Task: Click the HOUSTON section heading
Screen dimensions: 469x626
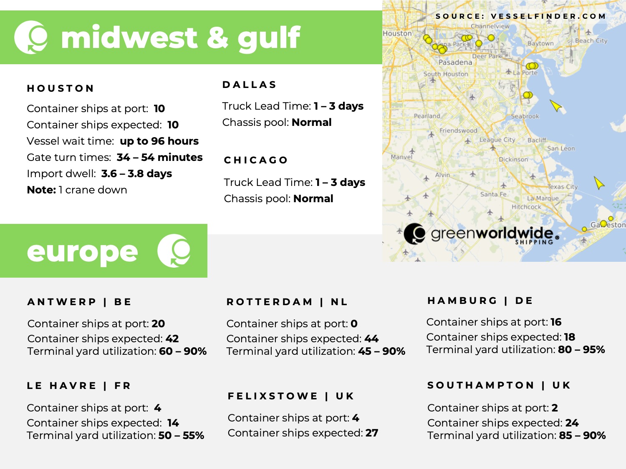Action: point(61,88)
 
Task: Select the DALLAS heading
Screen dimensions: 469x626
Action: point(250,85)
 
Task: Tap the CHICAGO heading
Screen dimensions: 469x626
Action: point(256,160)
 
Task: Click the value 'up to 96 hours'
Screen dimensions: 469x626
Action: point(159,141)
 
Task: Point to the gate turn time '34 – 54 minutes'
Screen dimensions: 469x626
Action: point(159,157)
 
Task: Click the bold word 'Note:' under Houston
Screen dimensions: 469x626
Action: point(41,190)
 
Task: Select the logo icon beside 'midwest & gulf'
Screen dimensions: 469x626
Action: point(31,38)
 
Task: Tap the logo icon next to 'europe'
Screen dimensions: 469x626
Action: point(174,251)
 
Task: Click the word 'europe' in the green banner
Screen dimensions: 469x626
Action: point(82,251)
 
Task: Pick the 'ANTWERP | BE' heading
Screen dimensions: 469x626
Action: point(79,302)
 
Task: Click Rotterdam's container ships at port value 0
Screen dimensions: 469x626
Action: point(354,324)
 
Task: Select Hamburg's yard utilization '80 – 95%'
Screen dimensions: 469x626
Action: point(581,349)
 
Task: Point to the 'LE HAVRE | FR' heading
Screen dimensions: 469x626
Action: point(79,386)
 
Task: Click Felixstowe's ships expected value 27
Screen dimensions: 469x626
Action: point(372,433)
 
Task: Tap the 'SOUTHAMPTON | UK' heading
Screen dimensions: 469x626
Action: point(499,385)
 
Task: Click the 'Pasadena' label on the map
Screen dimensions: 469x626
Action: point(455,62)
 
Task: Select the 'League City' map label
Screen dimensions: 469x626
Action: point(497,140)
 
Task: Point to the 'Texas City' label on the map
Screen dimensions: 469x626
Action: point(563,186)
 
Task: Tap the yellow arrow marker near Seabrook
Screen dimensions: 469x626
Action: point(556,106)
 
